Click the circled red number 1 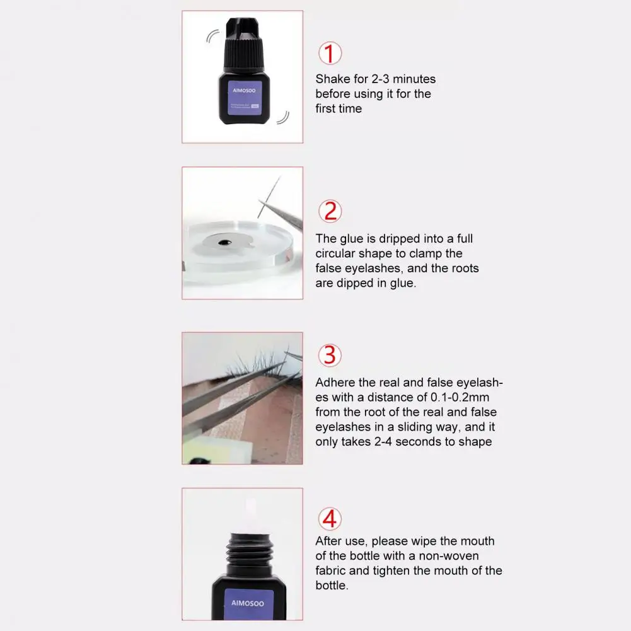(329, 54)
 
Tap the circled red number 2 (330, 211)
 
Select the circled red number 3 (330, 356)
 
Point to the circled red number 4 (330, 519)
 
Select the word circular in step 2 (336, 253)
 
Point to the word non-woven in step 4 (449, 556)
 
